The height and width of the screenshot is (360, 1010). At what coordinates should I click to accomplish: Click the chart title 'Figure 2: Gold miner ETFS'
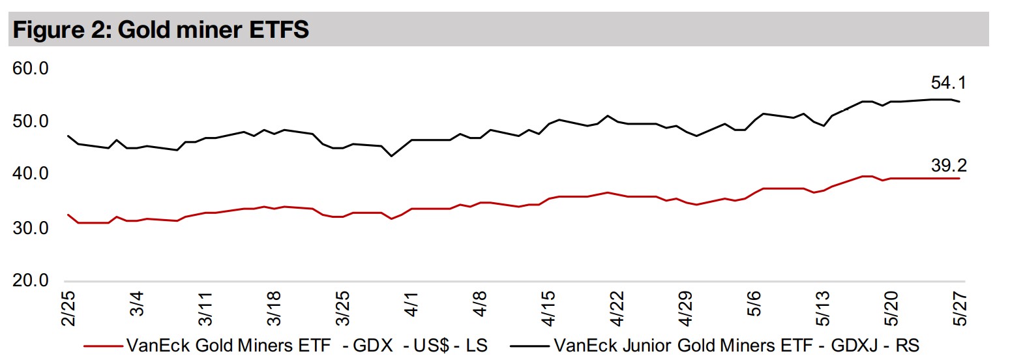pyautogui.click(x=159, y=31)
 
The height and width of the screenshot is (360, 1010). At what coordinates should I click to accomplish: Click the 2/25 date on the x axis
pyautogui.click(x=68, y=307)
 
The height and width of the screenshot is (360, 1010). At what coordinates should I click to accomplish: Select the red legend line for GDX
pyautogui.click(x=100, y=344)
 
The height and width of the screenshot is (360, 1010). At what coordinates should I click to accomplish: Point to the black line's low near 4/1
pyautogui.click(x=391, y=156)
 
